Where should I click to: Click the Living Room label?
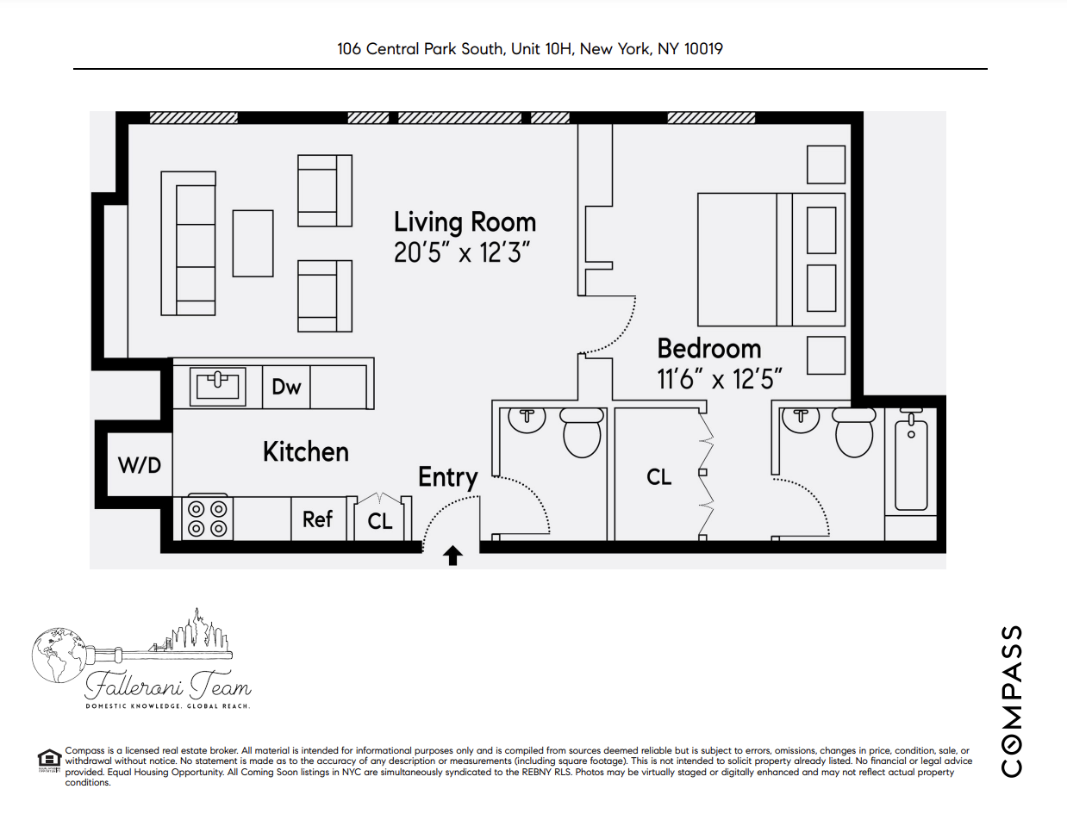tap(465, 222)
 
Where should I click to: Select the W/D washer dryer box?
tap(139, 465)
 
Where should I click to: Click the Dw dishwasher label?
tap(286, 387)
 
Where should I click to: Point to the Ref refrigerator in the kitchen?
tap(317, 519)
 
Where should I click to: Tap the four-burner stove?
tap(207, 518)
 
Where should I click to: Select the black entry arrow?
tap(452, 556)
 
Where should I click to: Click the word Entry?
tap(448, 477)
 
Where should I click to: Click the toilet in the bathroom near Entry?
tap(582, 432)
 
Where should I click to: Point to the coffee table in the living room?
tap(253, 243)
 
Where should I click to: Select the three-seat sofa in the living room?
tap(190, 244)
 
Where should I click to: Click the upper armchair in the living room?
tap(324, 190)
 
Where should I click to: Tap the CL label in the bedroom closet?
tap(659, 476)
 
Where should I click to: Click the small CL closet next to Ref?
tap(380, 519)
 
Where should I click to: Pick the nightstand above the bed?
tap(825, 165)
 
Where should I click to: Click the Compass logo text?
tap(1014, 700)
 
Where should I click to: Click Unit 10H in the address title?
tap(540, 49)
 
